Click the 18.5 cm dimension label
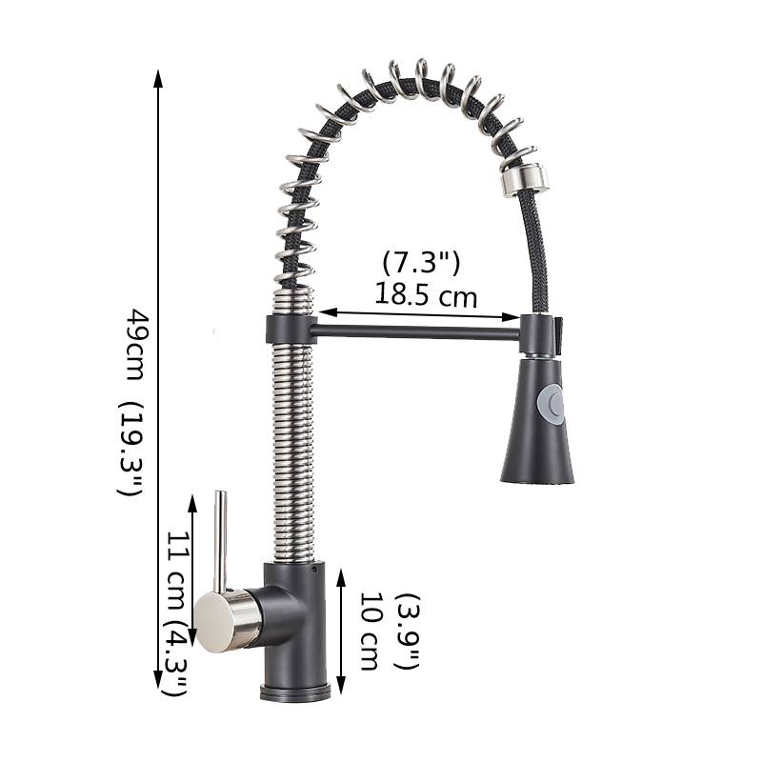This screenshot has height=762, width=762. point(426,295)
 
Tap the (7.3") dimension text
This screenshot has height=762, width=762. point(421,264)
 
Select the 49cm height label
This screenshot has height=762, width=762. point(136,345)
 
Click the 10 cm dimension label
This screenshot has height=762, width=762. point(371,632)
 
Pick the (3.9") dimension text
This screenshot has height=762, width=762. point(408,631)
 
